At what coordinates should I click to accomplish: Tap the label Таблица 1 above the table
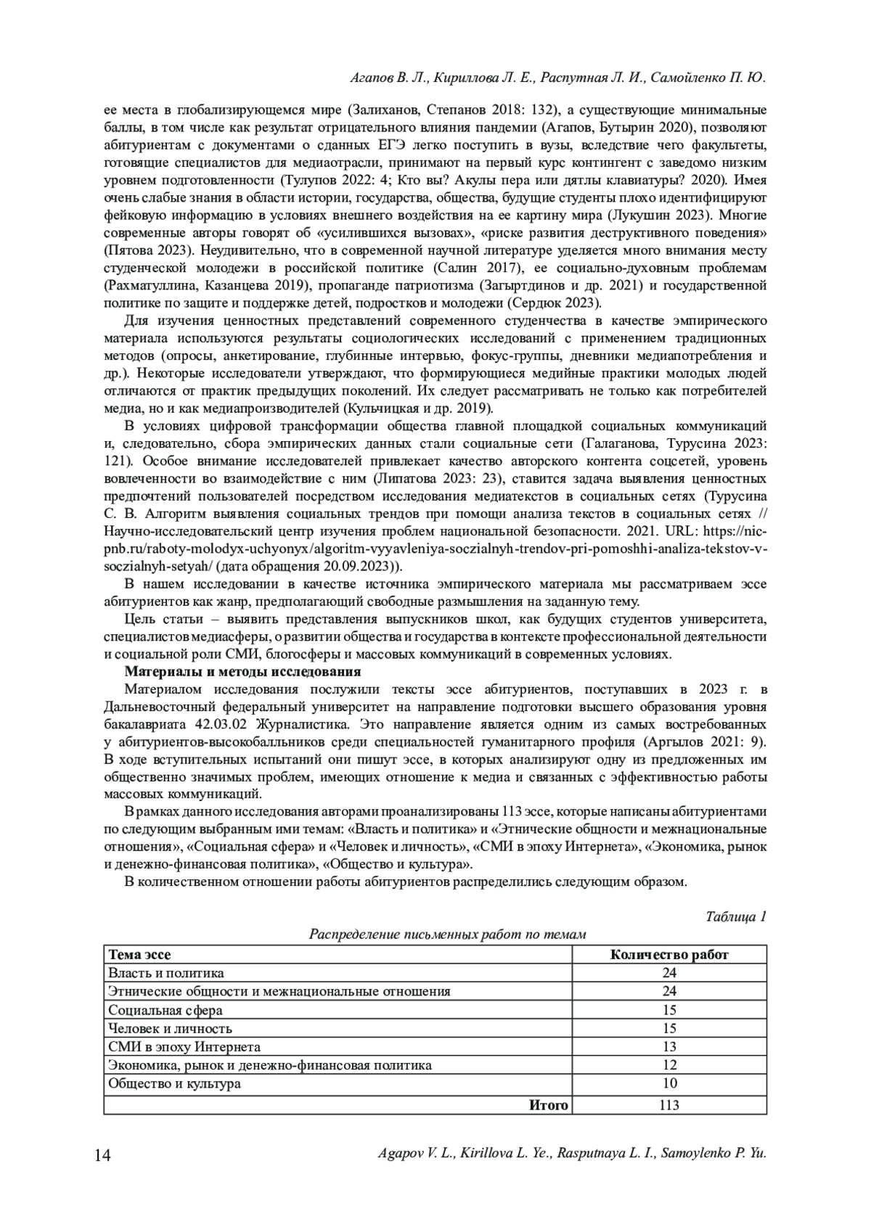tap(736, 916)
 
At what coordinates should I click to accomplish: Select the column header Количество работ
tap(669, 955)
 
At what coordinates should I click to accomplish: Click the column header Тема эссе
tap(139, 955)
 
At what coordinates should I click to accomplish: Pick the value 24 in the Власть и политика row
tap(669, 973)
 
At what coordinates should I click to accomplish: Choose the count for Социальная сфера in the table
tap(669, 1010)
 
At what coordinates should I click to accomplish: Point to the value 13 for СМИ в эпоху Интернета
tap(669, 1046)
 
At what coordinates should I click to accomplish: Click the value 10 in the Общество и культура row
tap(669, 1083)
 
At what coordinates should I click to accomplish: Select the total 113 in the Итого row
tap(669, 1105)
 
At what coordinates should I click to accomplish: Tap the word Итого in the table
tap(548, 1105)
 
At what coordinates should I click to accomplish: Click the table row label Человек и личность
tap(170, 1028)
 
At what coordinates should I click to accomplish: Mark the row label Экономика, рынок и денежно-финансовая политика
tap(269, 1065)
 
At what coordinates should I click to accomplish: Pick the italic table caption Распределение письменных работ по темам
tap(447, 935)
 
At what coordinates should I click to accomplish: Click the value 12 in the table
tap(669, 1065)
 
